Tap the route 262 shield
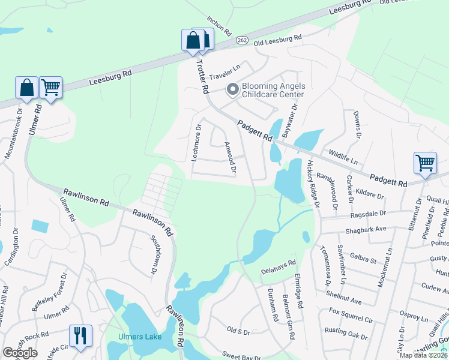pos(242,40)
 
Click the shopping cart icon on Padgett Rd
pos(424,163)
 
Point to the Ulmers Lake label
pos(140,337)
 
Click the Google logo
pos(20,353)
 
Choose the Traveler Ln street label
pos(224,70)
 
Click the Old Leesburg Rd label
pos(278,39)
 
